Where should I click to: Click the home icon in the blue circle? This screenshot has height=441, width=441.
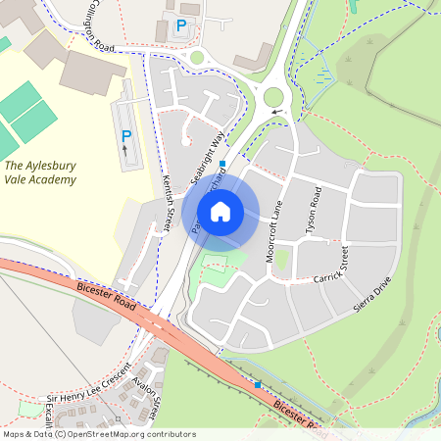click(220, 211)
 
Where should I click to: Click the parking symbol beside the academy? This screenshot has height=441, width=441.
click(126, 135)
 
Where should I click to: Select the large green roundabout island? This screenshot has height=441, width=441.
click(273, 97)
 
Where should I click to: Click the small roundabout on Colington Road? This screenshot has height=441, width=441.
click(197, 58)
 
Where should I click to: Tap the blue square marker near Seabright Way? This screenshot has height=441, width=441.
click(222, 163)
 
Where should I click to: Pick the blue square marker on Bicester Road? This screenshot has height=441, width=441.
click(257, 385)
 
